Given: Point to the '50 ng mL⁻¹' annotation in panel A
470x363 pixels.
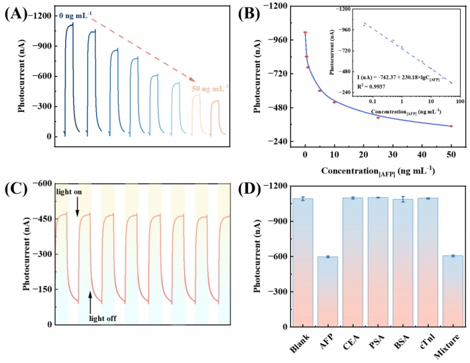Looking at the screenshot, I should coord(210,89).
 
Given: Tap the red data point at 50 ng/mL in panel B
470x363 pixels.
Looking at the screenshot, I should coord(451,126).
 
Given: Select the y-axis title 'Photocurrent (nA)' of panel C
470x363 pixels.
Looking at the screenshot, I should coord(28,253).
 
